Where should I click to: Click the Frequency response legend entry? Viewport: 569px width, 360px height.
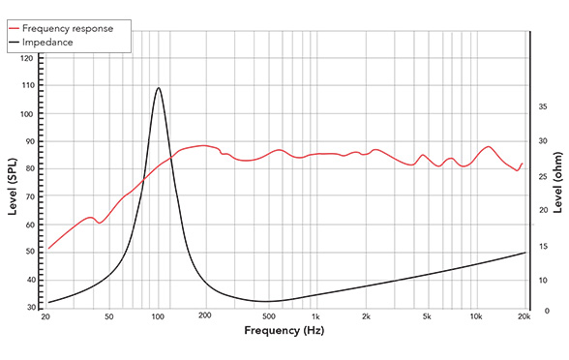click(73, 28)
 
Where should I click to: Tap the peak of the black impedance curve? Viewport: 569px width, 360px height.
click(158, 88)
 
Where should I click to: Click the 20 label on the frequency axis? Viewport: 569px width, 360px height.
click(47, 317)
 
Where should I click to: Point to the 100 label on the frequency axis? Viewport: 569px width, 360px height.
click(158, 317)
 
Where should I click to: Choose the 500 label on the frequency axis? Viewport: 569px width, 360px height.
click(268, 317)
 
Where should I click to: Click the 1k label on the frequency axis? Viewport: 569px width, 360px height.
click(315, 317)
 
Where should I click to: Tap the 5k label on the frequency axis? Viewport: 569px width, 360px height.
click(426, 317)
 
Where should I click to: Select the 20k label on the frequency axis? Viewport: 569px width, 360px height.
click(524, 317)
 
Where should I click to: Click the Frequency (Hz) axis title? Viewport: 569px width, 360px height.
click(284, 332)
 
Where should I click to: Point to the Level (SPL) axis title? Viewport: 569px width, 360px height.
click(12, 184)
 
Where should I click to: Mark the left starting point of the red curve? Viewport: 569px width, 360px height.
click(48, 249)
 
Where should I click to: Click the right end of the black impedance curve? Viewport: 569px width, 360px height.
click(524, 253)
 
